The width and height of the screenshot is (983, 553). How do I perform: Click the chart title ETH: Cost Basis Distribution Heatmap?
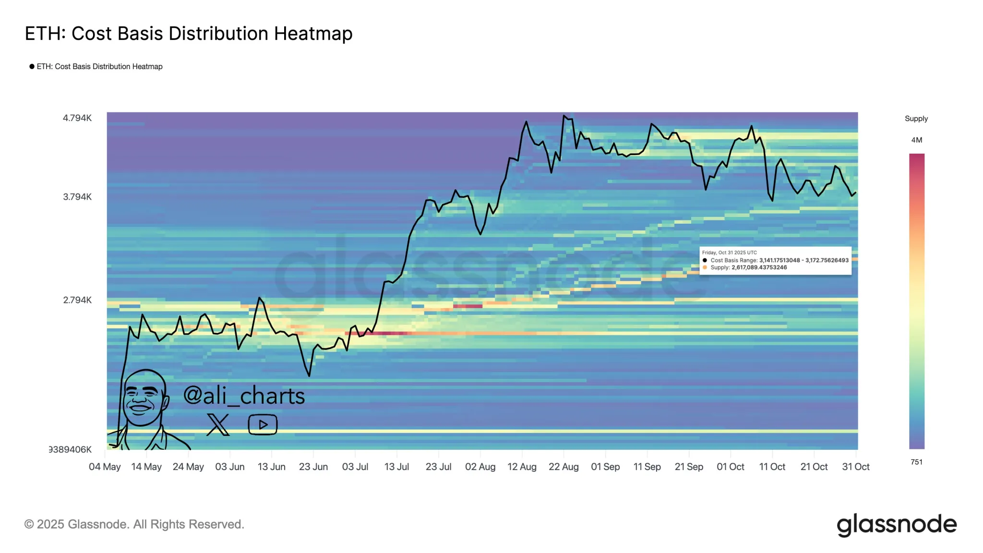coord(189,34)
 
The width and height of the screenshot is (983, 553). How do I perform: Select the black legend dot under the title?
coord(32,67)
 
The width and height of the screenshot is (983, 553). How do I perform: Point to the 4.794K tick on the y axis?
coord(77,118)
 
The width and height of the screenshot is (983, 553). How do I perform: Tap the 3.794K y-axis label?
coord(77,197)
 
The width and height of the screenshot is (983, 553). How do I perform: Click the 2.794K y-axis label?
coord(77,300)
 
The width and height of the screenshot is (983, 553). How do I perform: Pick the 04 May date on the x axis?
coord(105,467)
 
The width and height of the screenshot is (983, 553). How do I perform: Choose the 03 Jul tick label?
coord(355,467)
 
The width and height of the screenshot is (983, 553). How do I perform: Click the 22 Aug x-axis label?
coord(563,467)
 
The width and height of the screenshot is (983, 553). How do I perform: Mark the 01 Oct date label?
coord(730,467)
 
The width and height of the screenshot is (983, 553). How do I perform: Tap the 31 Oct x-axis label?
coord(855,467)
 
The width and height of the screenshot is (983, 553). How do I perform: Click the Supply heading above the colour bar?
coord(916,119)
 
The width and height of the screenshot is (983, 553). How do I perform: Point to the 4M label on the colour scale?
coord(916,140)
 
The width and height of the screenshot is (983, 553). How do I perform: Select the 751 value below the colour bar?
coord(916,462)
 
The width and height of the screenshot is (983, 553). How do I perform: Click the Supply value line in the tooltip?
coord(748,267)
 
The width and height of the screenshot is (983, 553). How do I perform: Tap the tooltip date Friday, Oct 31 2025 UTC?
coord(729,252)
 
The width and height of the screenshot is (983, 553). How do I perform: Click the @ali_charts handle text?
coord(244,396)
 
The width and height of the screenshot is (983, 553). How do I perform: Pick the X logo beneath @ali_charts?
coord(218,424)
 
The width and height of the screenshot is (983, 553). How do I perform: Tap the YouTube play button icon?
coord(263,425)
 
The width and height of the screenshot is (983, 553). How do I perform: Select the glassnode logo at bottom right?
coord(896,524)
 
